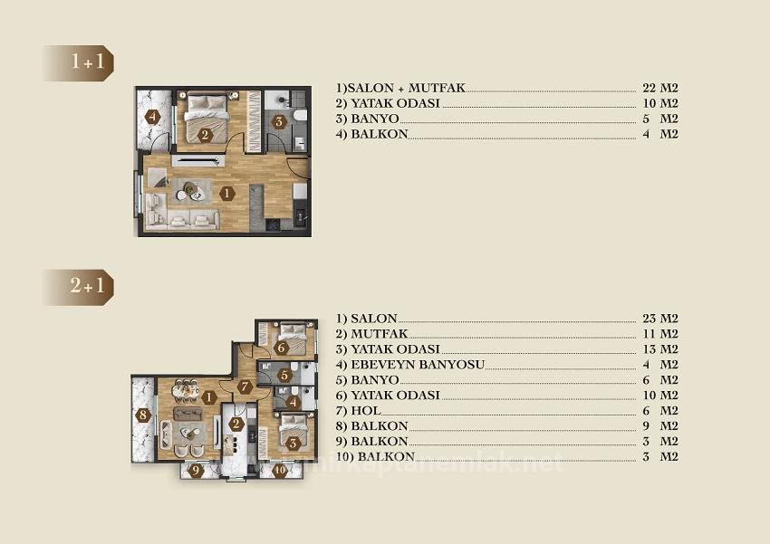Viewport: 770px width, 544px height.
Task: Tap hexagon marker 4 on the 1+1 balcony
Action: coord(153,117)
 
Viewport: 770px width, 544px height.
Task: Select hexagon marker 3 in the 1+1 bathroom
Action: coord(279,121)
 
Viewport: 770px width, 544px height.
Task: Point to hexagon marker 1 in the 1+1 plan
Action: coord(226,192)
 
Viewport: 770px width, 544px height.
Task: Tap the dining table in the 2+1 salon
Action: coord(185,389)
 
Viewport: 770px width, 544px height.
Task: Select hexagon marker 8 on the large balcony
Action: coord(143,415)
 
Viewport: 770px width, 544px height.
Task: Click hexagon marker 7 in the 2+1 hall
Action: coord(245,387)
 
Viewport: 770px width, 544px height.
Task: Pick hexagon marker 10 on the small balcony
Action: coord(280,470)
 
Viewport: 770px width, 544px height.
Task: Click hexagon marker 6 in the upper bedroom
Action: coord(282,348)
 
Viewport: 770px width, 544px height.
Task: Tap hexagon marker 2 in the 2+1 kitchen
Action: coord(236,424)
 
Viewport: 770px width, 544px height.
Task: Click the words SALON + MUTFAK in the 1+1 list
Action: coord(406,88)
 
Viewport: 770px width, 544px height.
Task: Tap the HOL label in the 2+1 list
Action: coord(372,411)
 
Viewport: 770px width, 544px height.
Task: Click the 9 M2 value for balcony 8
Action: coord(659,426)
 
